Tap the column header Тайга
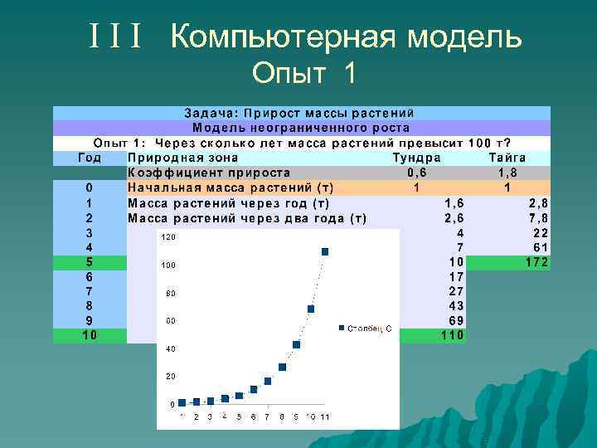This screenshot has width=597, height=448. click(x=507, y=158)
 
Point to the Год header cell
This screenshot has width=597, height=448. click(x=89, y=158)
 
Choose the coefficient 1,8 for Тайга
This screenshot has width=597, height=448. click(x=507, y=173)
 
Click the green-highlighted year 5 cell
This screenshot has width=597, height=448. click(x=89, y=263)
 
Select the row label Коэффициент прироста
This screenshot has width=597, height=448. click(x=209, y=173)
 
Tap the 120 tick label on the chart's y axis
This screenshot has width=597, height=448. click(x=167, y=237)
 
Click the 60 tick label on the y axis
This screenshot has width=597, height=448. click(x=170, y=321)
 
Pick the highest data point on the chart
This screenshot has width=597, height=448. click(x=325, y=251)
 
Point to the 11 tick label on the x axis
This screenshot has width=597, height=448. click(x=325, y=416)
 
